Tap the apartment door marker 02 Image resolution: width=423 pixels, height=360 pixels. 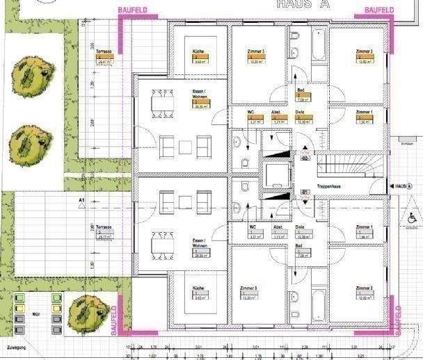point(305,158)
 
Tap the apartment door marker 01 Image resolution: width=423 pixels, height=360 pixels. point(305,192)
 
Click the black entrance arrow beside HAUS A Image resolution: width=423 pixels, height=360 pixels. point(384,187)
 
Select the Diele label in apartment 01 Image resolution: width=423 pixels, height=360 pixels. point(300,227)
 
